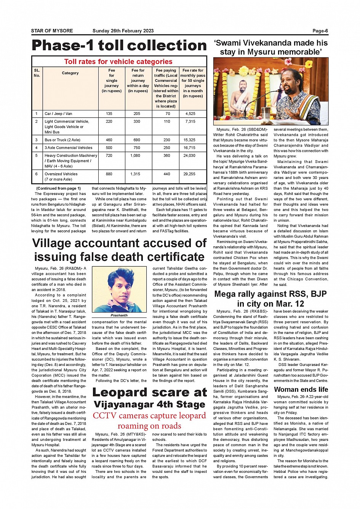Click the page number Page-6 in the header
click(320, 31)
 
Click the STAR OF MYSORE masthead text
click(52, 31)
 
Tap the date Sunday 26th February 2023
click(123, 31)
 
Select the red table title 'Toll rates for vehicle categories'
click(118, 62)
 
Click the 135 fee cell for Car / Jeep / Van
click(109, 113)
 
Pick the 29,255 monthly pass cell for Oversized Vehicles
click(189, 174)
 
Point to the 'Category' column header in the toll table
click(70, 73)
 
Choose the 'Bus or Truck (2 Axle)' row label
click(62, 140)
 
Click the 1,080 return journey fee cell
click(135, 156)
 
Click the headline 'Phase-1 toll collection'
click(119, 46)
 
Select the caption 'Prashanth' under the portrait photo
click(119, 315)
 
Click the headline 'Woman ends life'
click(301, 389)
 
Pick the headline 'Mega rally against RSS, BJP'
click(270, 294)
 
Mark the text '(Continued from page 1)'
click(58, 188)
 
